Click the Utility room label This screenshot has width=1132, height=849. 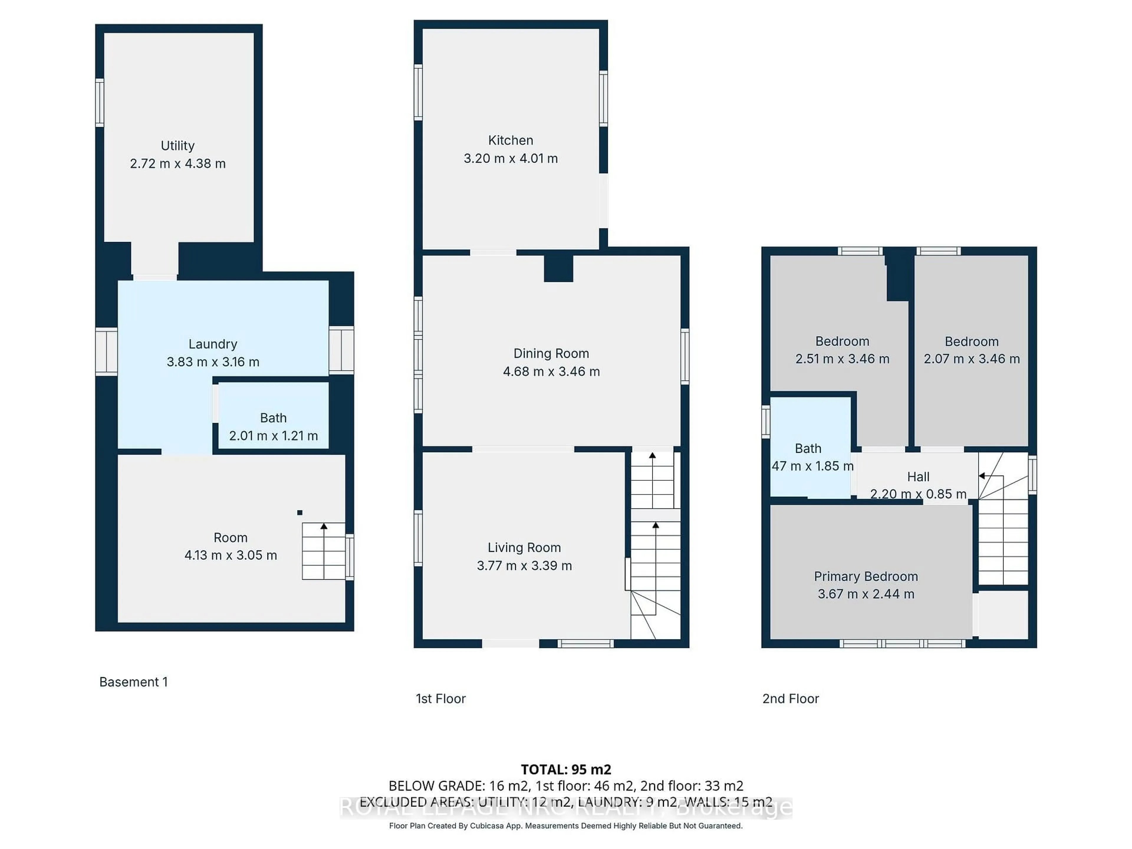pyautogui.click(x=177, y=146)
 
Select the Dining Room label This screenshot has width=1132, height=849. pyautogui.click(x=551, y=354)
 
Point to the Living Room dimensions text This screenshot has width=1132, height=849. pyautogui.click(x=524, y=565)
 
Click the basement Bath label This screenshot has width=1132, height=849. pyautogui.click(x=273, y=418)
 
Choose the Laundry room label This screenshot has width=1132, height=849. pyautogui.click(x=213, y=344)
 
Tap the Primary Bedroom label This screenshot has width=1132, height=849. pyautogui.click(x=866, y=576)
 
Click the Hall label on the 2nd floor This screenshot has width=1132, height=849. pyautogui.click(x=918, y=477)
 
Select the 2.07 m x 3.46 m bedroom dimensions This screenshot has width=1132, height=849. pyautogui.click(x=971, y=359)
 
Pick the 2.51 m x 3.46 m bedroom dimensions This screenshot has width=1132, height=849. pyautogui.click(x=842, y=359)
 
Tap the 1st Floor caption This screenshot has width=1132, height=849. pyautogui.click(x=441, y=699)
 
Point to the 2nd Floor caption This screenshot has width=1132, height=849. pyautogui.click(x=791, y=699)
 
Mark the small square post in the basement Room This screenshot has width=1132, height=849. pyautogui.click(x=300, y=512)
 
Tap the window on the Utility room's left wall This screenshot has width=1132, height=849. pyautogui.click(x=100, y=102)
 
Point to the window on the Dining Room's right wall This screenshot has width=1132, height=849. pyautogui.click(x=685, y=357)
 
